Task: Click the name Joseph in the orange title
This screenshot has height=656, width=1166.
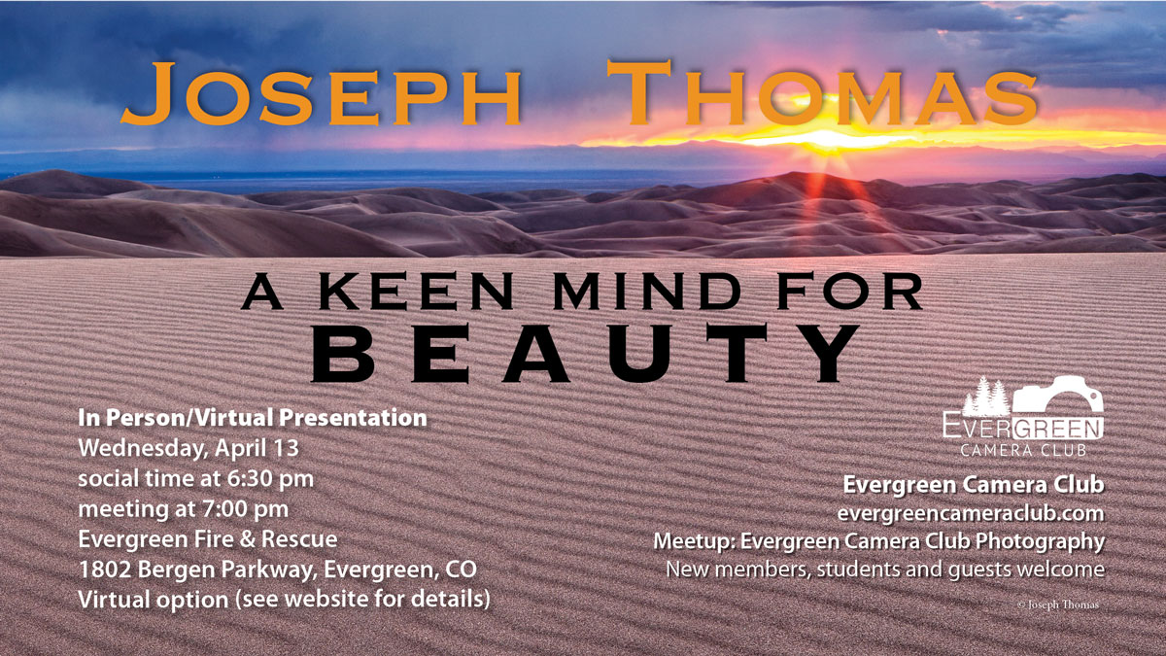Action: coord(321,94)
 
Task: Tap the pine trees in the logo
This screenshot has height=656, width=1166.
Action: coord(984,397)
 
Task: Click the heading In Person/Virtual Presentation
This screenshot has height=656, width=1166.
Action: coord(253,418)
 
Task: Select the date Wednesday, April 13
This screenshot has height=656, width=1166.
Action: coord(188,449)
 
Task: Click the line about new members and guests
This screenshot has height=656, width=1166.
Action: coord(884,569)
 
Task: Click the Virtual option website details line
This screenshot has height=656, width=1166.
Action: coord(284,599)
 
